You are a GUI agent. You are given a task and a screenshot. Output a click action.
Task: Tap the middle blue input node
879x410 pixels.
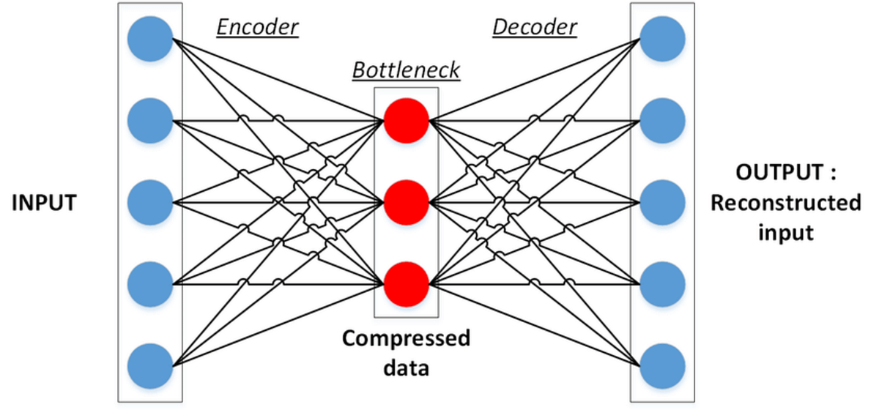click(x=150, y=201)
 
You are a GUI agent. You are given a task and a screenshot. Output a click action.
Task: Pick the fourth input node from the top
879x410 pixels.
click(x=150, y=282)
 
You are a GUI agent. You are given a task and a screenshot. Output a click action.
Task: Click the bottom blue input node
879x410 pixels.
click(x=150, y=364)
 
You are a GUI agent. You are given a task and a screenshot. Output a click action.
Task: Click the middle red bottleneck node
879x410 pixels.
click(x=406, y=201)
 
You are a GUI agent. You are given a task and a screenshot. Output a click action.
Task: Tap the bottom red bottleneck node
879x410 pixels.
click(x=406, y=282)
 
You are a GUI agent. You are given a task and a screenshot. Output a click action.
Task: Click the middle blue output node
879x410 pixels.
click(x=663, y=201)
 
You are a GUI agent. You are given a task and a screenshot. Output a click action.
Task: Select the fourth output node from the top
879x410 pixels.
click(x=663, y=282)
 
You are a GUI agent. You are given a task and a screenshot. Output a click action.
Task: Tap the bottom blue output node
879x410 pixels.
click(x=663, y=364)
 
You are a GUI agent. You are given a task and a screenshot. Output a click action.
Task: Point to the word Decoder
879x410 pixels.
click(x=534, y=28)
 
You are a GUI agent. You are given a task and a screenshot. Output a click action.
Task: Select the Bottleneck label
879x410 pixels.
click(x=406, y=70)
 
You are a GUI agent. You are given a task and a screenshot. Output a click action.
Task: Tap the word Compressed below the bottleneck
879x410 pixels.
click(x=406, y=339)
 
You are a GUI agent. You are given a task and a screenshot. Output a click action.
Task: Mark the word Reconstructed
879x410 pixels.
click(x=785, y=203)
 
